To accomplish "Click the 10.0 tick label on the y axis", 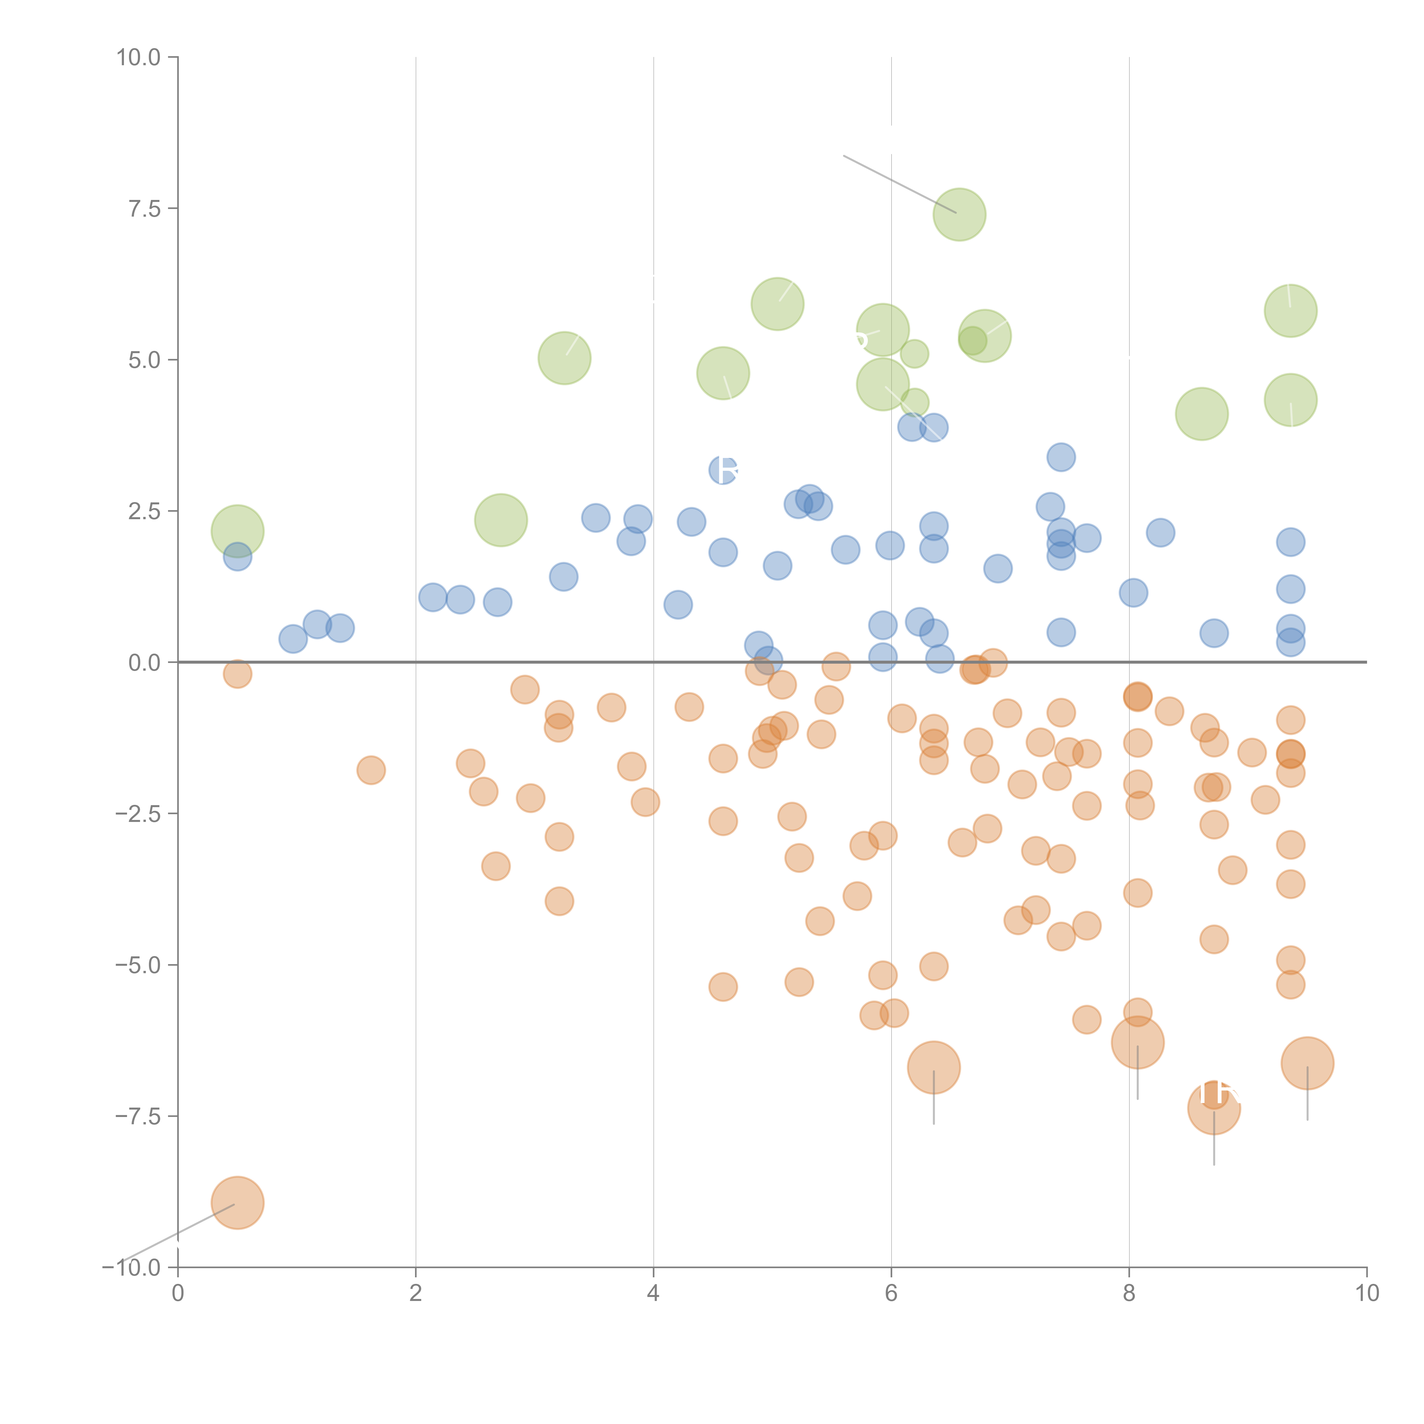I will (139, 58).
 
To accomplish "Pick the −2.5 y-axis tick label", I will (138, 814).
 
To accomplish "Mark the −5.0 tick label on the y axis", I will (138, 965).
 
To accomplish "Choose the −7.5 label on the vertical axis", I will (138, 1116).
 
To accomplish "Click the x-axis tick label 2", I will (416, 1293).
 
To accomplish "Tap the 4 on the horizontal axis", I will (653, 1293).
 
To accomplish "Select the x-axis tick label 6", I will (891, 1293).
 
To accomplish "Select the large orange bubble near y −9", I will (237, 1203).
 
